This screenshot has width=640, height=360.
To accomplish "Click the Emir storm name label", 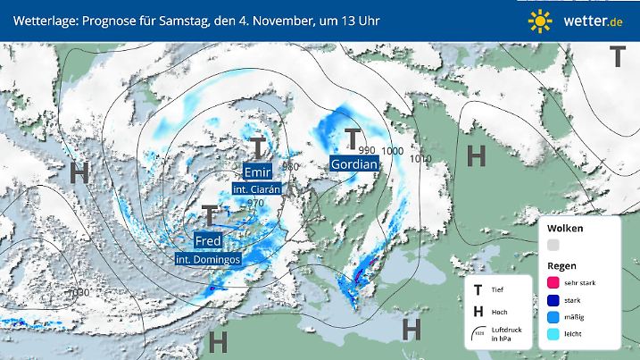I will coord(257,172).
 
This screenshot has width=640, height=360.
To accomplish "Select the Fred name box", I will coord(208,241).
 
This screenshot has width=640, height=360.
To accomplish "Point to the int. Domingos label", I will coord(208,259).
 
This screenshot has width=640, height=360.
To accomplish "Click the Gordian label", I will coord(353,164).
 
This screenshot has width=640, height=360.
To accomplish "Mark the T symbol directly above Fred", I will coord(209,215).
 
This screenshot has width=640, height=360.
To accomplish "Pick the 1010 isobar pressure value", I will coord(421,159).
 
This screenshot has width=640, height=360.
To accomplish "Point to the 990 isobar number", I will coord(367,150).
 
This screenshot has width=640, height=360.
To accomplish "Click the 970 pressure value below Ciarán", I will coord(256,204).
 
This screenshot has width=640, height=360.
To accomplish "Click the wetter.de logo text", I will coord(587,20).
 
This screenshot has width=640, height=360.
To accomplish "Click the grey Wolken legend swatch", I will coord(553,245).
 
